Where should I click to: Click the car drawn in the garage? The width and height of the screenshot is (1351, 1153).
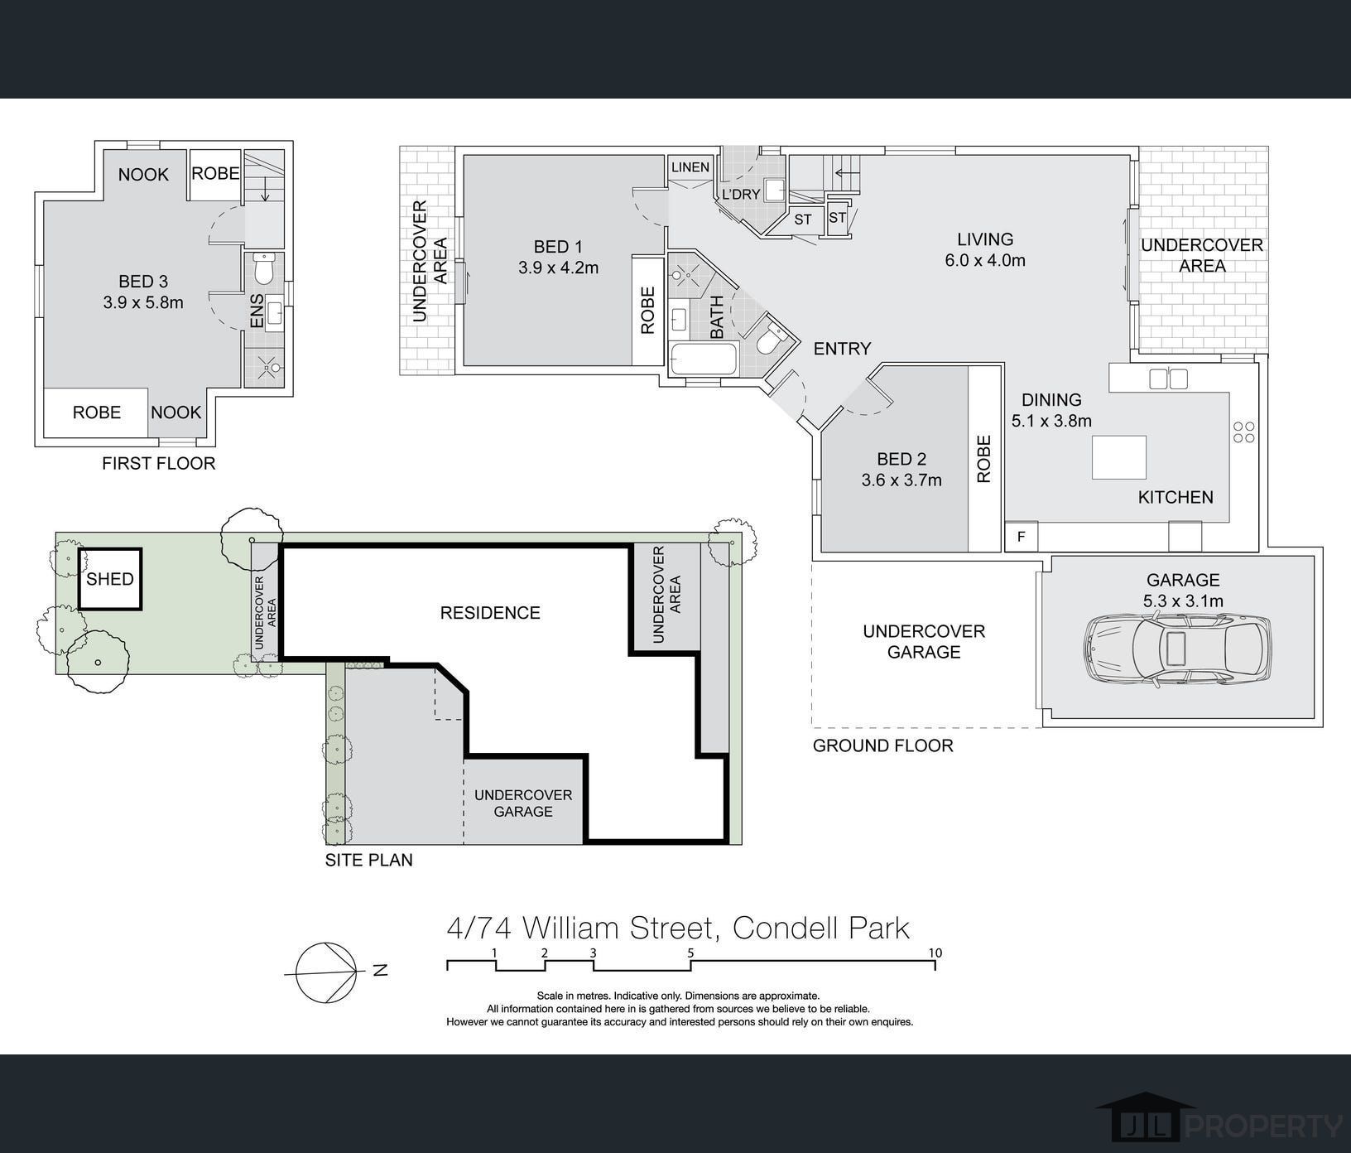click(x=1177, y=650)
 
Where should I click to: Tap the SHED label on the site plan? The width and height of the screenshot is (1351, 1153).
click(x=110, y=579)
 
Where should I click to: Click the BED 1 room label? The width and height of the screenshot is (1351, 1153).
click(x=558, y=247)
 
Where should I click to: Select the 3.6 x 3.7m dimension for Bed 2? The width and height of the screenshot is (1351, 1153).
click(x=901, y=480)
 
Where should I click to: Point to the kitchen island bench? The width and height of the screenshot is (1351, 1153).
click(x=1119, y=457)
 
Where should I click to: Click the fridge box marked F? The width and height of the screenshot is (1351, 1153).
click(x=1022, y=537)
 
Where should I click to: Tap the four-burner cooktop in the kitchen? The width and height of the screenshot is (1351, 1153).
click(x=1244, y=432)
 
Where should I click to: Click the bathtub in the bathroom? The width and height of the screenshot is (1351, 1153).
click(x=702, y=359)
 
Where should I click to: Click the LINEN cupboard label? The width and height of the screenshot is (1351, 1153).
click(x=690, y=167)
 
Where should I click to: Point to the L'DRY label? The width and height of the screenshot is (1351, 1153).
click(x=741, y=195)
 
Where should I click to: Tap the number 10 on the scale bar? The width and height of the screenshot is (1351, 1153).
click(x=935, y=953)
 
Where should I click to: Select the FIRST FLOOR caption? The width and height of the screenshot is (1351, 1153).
click(x=159, y=464)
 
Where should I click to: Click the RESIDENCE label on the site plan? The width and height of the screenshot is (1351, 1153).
click(x=490, y=613)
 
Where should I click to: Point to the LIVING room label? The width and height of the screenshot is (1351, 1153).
click(x=985, y=239)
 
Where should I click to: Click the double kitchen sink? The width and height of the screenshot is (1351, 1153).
click(x=1168, y=379)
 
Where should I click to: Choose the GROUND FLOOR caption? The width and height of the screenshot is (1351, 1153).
click(x=883, y=745)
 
